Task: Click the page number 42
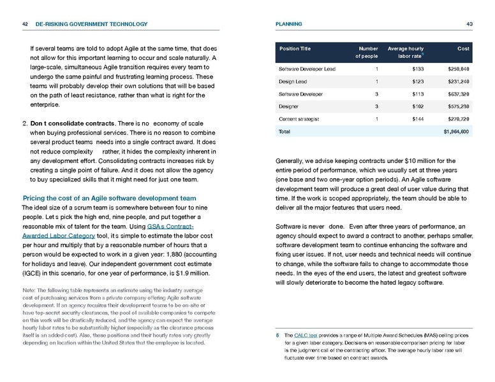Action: pos(25,24)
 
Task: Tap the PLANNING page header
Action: pos(288,24)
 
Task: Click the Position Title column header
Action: pos(295,48)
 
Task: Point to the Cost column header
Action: pos(463,48)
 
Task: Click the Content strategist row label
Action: pos(300,119)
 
